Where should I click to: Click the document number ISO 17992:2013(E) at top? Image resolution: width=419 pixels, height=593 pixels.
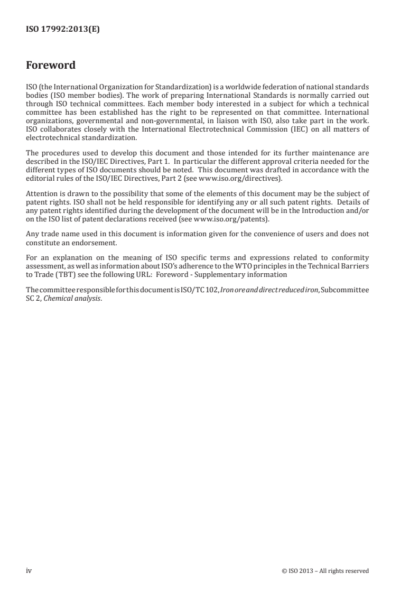[63, 30]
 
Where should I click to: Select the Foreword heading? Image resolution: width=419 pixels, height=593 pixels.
[51, 66]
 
